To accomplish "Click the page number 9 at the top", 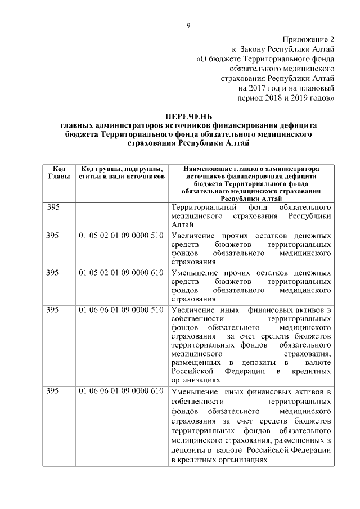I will tap(188, 25).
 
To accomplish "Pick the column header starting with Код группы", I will tap(122, 172).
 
